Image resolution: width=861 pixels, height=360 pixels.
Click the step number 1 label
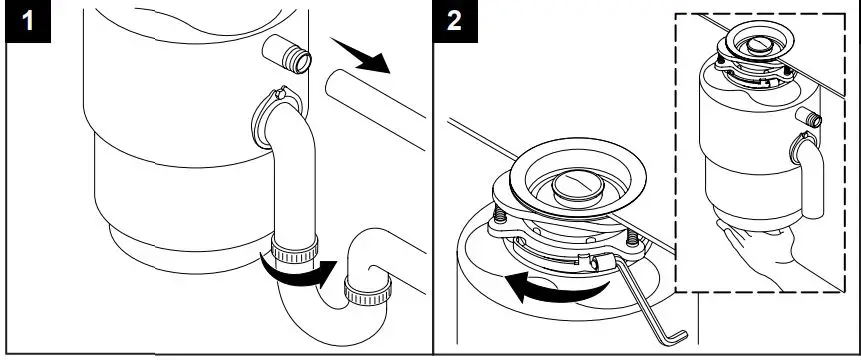tap(25, 23)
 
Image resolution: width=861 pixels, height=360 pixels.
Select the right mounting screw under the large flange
tap(632, 240)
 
